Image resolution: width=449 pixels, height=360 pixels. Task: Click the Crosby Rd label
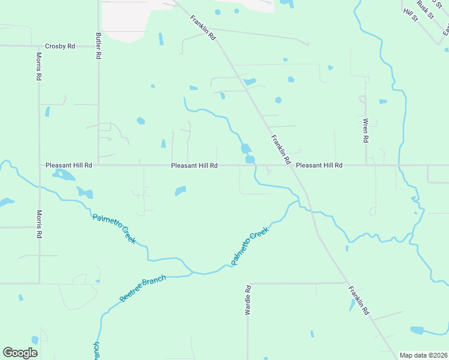(60, 46)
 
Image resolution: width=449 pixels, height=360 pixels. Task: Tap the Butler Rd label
(98, 46)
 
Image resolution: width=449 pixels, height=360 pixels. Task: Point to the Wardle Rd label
(248, 301)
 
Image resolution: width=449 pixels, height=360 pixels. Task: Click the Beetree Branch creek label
(142, 289)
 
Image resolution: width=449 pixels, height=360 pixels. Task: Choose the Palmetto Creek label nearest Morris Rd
(114, 229)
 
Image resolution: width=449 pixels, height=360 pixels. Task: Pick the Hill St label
(411, 16)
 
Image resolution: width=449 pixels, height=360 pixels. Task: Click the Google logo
(20, 352)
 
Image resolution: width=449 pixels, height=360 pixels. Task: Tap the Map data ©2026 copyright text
(423, 355)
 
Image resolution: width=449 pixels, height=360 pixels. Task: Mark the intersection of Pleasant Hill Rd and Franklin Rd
(291, 165)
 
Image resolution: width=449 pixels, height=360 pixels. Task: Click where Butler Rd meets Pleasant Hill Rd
(98, 164)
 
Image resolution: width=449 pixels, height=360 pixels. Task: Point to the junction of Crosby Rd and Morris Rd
(39, 46)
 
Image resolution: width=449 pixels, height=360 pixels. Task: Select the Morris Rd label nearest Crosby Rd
(38, 69)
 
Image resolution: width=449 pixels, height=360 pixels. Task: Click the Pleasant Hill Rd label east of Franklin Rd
(319, 165)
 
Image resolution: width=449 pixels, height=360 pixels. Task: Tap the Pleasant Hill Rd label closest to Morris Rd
(69, 165)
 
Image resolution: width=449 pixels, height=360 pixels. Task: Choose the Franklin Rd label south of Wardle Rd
(357, 302)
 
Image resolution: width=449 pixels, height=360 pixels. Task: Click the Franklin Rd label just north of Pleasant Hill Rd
(280, 150)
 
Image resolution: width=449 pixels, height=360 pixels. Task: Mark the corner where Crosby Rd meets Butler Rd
(98, 46)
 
